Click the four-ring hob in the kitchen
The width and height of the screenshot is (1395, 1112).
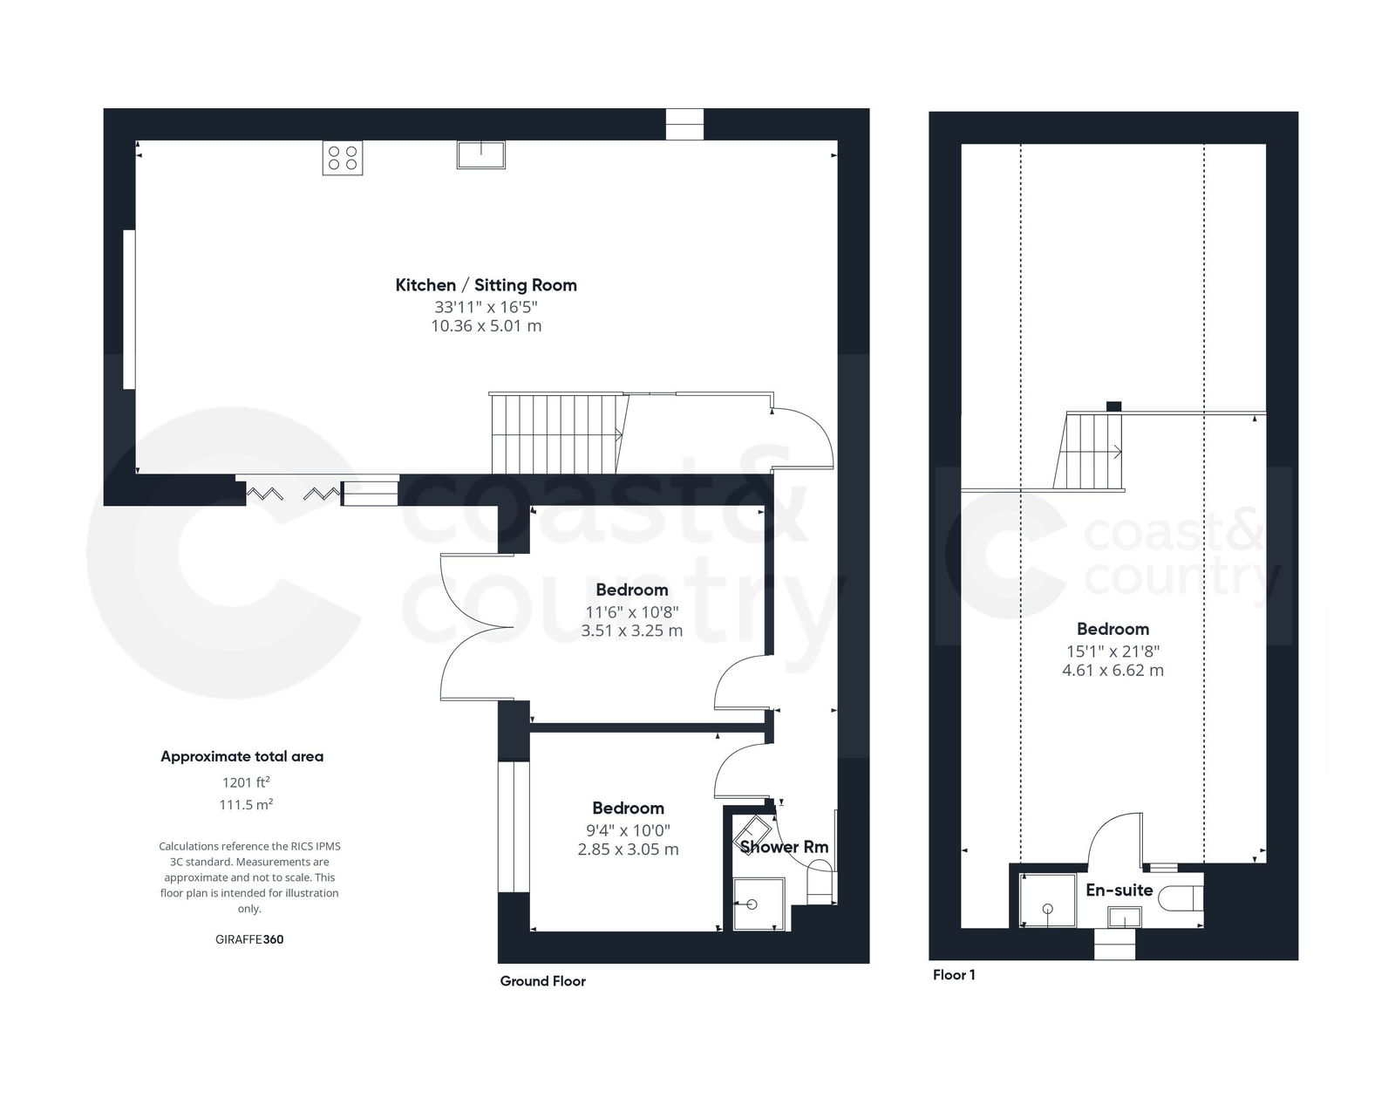point(343,158)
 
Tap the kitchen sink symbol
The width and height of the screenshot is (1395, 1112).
point(480,155)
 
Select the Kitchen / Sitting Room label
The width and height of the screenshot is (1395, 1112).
point(486,285)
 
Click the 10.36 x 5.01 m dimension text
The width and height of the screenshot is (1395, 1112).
point(486,326)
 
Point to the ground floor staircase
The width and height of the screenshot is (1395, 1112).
point(556,433)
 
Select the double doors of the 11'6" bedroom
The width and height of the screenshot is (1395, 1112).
point(476,627)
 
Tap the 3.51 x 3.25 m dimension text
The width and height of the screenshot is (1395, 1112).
point(631,631)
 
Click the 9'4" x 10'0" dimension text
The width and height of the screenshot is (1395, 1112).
point(628,829)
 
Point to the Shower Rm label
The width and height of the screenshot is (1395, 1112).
point(784,847)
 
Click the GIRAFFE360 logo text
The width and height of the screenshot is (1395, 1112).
point(248,939)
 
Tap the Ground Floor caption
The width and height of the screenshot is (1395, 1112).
point(542,981)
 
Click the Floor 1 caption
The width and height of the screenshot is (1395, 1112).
point(954,975)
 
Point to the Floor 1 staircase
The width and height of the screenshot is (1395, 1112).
point(1090,451)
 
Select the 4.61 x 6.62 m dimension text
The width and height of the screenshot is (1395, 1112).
point(1113,671)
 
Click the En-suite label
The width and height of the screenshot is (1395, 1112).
point(1119,890)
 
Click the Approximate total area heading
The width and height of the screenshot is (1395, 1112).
point(242,757)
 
